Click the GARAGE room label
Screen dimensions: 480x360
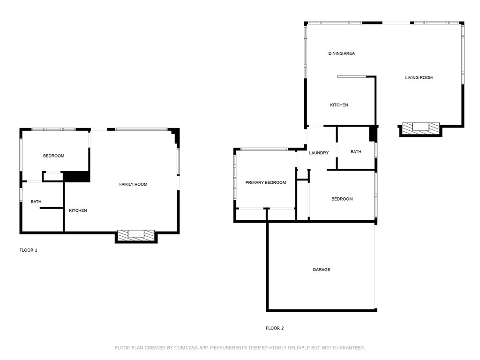point(322,270)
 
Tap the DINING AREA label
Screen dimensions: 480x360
point(341,53)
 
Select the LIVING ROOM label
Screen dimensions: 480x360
point(419,77)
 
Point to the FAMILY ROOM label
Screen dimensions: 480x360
point(133,184)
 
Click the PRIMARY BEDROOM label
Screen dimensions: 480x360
point(266,182)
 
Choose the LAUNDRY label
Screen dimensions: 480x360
point(319,153)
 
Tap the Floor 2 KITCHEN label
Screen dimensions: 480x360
point(339,105)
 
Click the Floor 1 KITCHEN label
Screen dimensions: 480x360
point(78,210)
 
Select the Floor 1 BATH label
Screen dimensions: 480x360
point(36,202)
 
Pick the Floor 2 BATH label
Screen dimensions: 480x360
point(356,151)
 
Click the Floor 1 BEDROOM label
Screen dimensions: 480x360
point(53,156)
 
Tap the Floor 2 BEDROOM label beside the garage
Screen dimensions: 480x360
point(342,199)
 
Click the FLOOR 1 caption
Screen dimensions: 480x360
point(28,250)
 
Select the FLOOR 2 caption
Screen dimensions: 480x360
point(275,328)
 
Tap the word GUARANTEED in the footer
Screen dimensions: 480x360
point(349,348)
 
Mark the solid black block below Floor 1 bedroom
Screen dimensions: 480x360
point(76,177)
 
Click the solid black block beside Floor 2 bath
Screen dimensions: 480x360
point(373,134)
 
